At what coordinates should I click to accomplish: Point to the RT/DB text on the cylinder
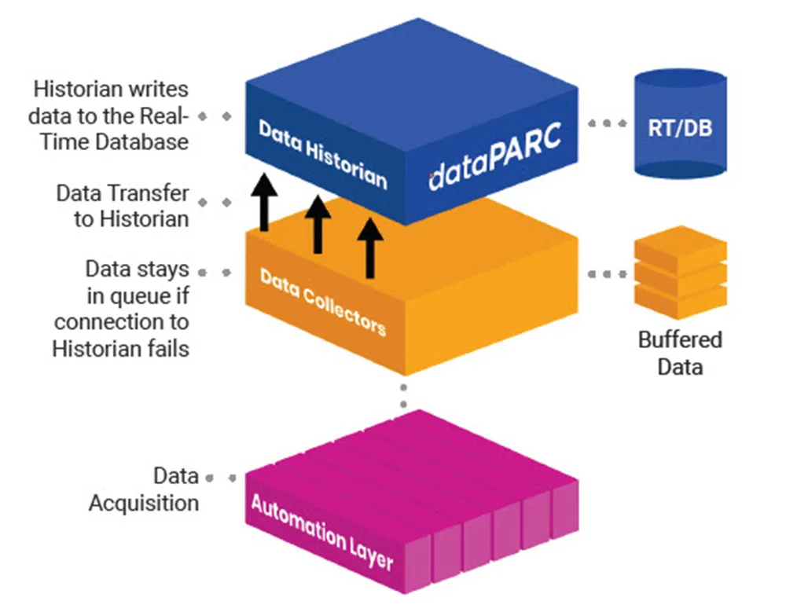680,129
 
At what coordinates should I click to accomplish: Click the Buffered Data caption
680,354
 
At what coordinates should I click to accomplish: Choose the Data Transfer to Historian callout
123,206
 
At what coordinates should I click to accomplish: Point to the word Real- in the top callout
163,115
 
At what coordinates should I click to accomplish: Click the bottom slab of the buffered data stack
680,301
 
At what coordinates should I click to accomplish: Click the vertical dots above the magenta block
403,395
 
